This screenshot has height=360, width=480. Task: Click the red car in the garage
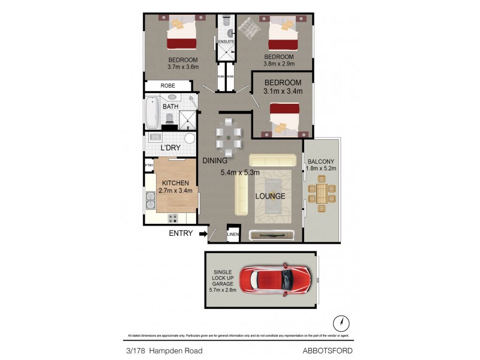coord(275,279)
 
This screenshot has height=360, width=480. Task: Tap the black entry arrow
coord(204,233)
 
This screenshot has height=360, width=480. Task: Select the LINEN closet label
coord(232,235)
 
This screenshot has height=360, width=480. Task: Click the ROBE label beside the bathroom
coord(168,86)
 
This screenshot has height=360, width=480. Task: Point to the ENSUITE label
coord(226,41)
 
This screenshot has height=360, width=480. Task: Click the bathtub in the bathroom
coord(151,113)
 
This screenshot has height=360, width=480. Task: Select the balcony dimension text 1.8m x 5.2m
coord(322,169)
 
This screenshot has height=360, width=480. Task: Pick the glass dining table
coord(229,139)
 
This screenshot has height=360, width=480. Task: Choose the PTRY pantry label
coord(149,166)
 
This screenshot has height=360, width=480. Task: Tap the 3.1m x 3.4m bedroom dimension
coord(283,91)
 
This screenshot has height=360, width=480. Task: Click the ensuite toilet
coord(225,21)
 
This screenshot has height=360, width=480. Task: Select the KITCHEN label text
coord(176,183)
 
